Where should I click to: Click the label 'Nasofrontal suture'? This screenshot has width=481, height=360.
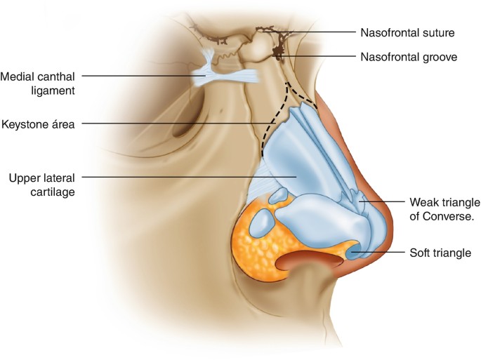click(407, 32)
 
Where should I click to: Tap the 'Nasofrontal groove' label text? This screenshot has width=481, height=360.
click(409, 57)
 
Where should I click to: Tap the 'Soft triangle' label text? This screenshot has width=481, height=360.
click(440, 253)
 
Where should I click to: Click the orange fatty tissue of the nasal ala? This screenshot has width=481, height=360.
click(256, 242)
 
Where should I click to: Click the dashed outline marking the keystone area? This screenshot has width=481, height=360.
click(265, 133)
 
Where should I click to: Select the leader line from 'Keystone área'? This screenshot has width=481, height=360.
click(176, 124)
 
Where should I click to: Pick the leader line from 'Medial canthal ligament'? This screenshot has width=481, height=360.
click(140, 75)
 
